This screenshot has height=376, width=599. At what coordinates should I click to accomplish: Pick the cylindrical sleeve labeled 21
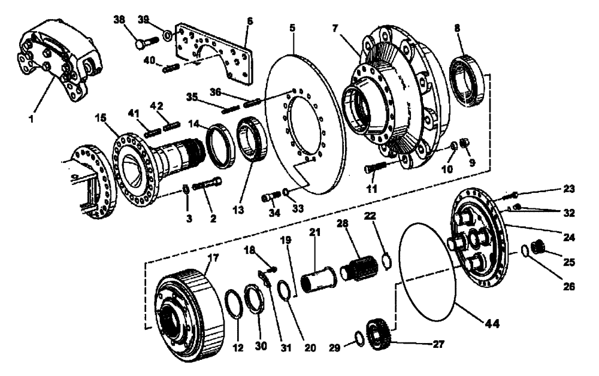coord(319,280)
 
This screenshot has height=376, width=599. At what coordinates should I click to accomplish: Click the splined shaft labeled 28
coord(358,272)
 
